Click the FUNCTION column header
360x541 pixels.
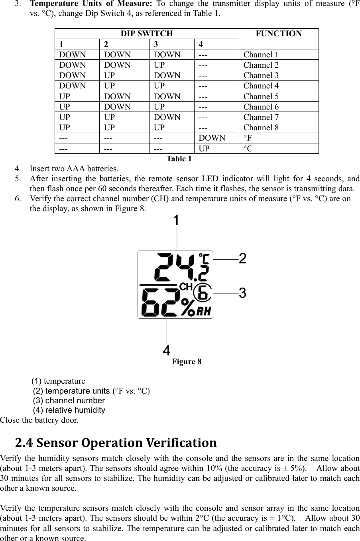[x=279, y=34]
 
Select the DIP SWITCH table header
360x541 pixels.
[x=147, y=33]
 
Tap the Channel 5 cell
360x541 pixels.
[x=261, y=96]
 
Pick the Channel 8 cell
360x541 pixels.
[x=261, y=127]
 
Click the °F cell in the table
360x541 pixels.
[x=248, y=138]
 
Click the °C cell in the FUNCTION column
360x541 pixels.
[x=248, y=149]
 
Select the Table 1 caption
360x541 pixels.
[x=179, y=159]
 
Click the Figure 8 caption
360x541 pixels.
[x=187, y=362]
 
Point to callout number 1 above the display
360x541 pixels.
[x=176, y=220]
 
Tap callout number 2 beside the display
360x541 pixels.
[x=242, y=259]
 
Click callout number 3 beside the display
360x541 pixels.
[x=242, y=293]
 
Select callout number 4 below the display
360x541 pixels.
[x=167, y=351]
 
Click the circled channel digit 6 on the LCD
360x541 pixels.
[x=203, y=293]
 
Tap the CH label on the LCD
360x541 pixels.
[x=186, y=286]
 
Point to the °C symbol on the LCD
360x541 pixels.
[x=204, y=259]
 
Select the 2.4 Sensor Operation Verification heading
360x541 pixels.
[x=116, y=443]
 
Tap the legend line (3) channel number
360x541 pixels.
[x=69, y=400]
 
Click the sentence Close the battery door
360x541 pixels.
[x=39, y=420]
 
